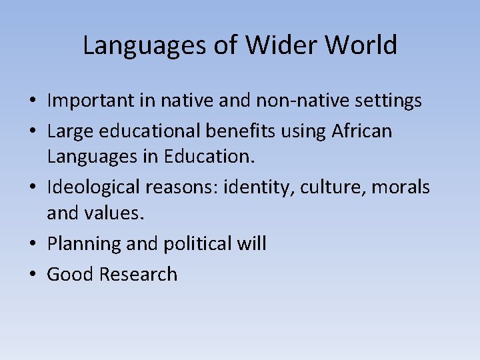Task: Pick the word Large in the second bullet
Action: point(69,132)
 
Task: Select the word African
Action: point(361,132)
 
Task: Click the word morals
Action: point(401,188)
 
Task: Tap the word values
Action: point(117,214)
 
